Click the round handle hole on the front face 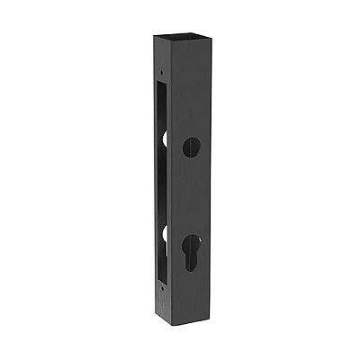(191, 148)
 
